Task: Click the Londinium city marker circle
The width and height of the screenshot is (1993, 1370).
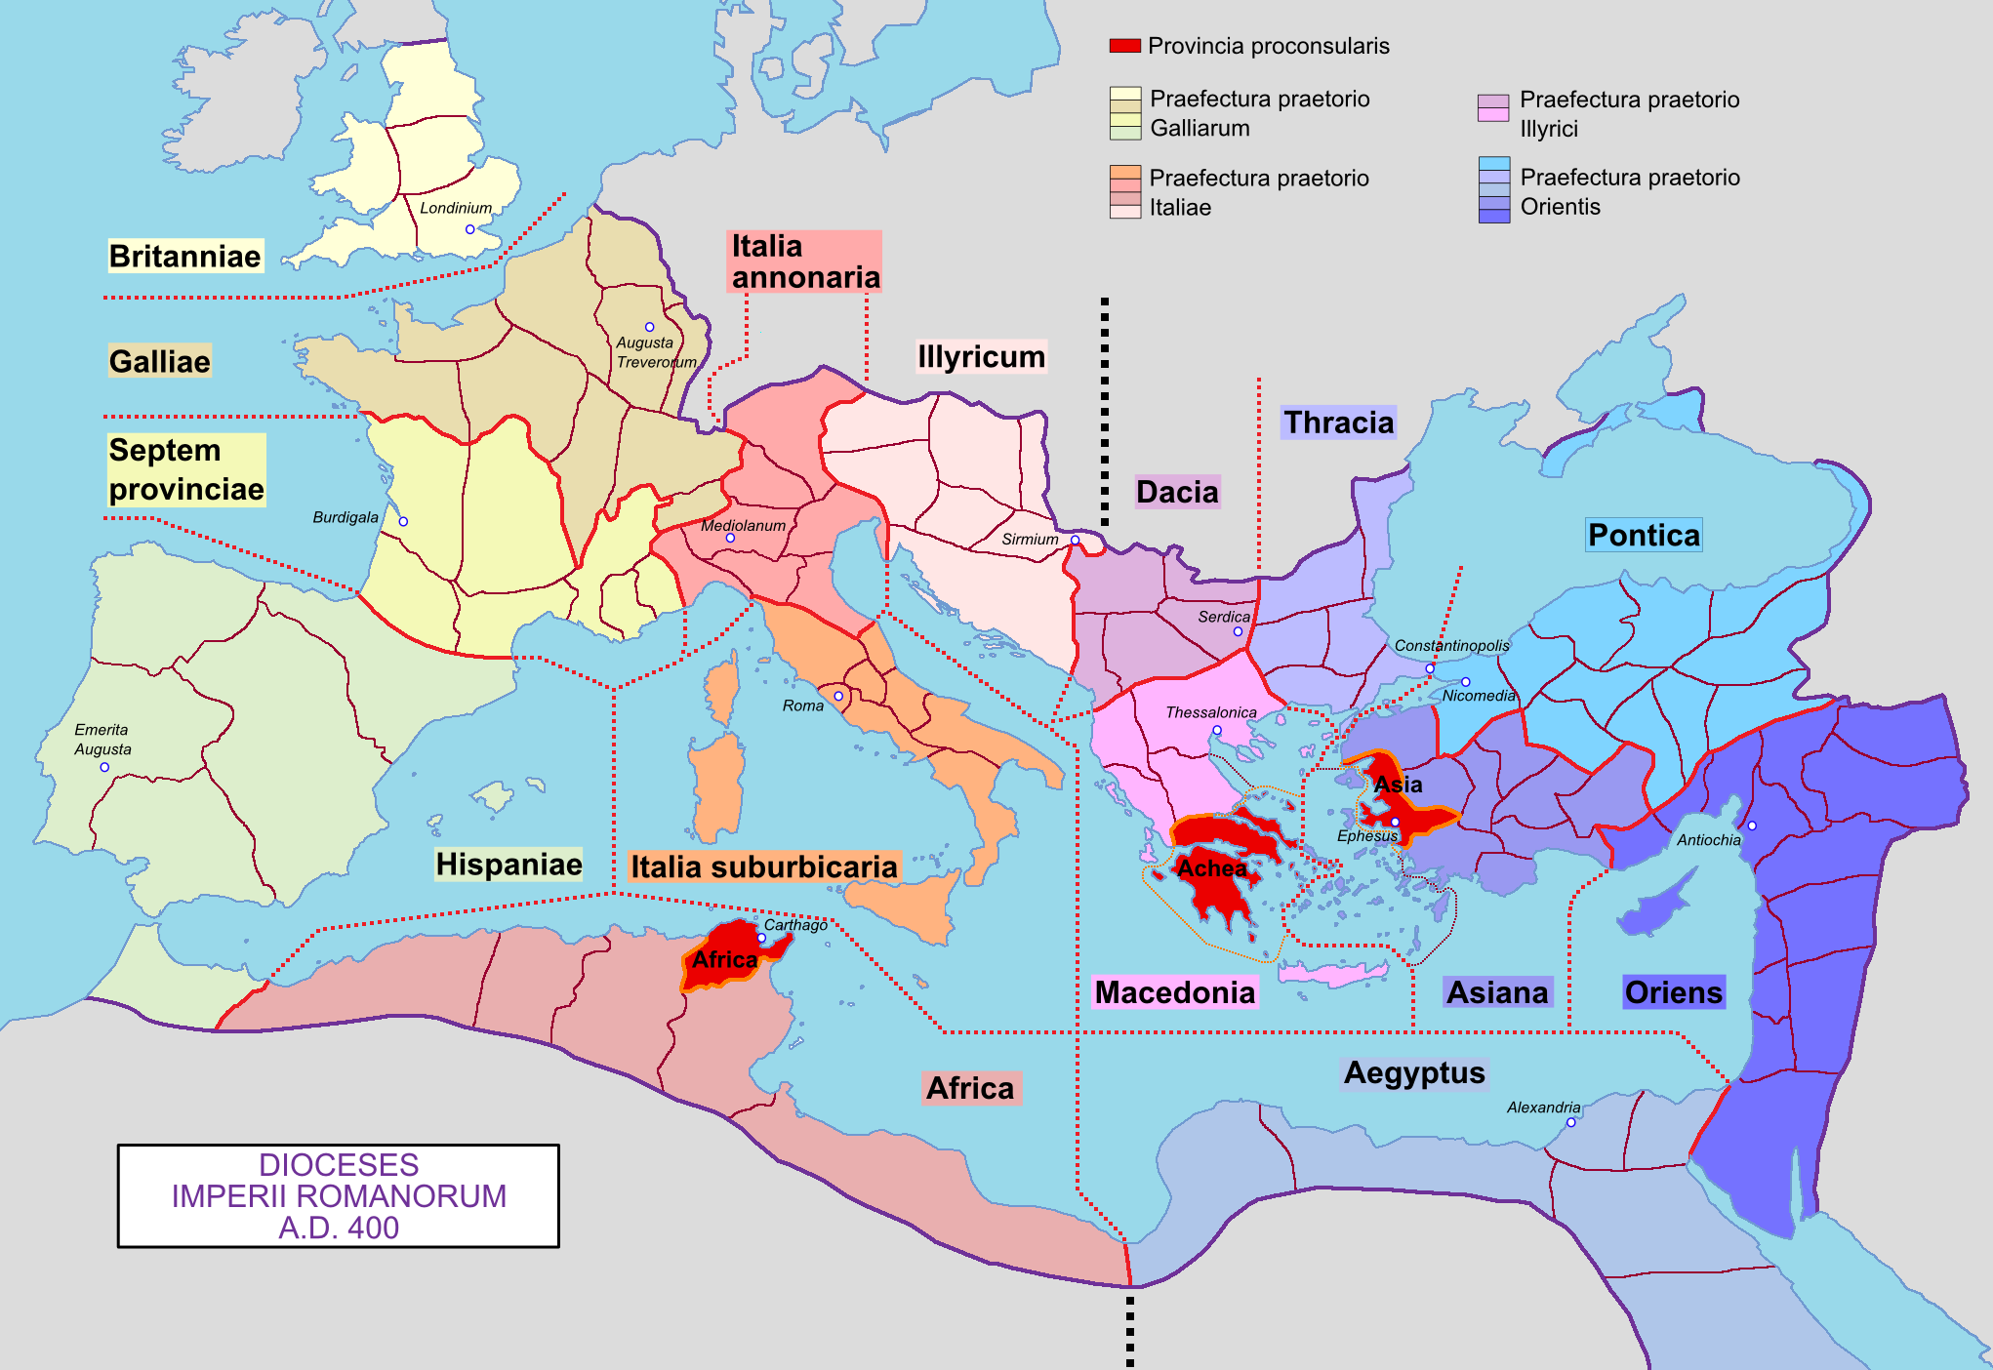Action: pyautogui.click(x=469, y=229)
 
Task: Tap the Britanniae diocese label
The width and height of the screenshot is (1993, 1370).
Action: pyautogui.click(x=184, y=257)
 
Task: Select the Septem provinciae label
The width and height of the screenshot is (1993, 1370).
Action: pyautogui.click(x=185, y=469)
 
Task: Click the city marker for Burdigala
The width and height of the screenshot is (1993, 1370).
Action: pyautogui.click(x=403, y=522)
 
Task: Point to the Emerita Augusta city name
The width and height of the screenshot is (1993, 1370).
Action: pyautogui.click(x=102, y=740)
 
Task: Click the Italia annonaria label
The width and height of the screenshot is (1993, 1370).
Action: pyautogui.click(x=805, y=262)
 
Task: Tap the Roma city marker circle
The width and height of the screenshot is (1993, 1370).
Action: pyautogui.click(x=838, y=697)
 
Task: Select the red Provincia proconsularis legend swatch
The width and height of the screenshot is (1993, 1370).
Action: pyautogui.click(x=1124, y=46)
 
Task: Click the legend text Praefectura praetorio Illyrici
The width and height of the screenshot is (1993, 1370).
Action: pyautogui.click(x=1629, y=114)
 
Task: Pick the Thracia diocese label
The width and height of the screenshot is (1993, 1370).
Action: pyautogui.click(x=1338, y=423)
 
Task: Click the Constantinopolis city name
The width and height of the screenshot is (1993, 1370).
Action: pyautogui.click(x=1451, y=646)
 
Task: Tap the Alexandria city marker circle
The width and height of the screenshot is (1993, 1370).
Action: pyautogui.click(x=1571, y=1123)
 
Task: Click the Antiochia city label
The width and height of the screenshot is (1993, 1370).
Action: pyautogui.click(x=1708, y=840)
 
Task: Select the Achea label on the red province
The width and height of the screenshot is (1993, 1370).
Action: pyautogui.click(x=1211, y=868)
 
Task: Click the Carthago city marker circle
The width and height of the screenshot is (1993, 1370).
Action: pyautogui.click(x=761, y=938)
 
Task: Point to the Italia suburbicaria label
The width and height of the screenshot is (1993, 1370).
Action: pyautogui.click(x=763, y=866)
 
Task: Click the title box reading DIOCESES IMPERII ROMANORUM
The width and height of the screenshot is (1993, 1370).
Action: pyautogui.click(x=339, y=1195)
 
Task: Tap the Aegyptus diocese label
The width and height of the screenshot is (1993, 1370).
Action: pyautogui.click(x=1414, y=1073)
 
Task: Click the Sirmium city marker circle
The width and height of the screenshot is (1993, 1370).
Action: pyautogui.click(x=1075, y=540)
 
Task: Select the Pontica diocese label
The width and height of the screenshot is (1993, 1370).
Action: pyautogui.click(x=1644, y=536)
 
